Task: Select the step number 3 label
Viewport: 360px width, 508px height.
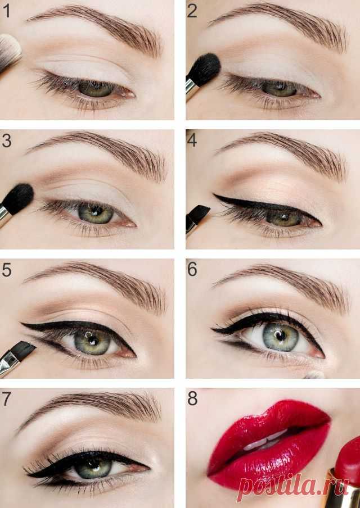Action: coord(7,141)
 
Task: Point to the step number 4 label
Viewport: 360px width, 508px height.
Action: coord(192,140)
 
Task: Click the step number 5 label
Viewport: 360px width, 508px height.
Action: coord(7,270)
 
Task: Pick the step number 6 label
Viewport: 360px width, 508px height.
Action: coord(192,269)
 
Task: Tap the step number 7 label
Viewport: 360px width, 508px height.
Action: coord(7,399)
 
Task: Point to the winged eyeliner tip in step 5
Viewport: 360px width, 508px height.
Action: coord(21,323)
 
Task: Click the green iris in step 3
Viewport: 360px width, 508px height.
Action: coord(96,213)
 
